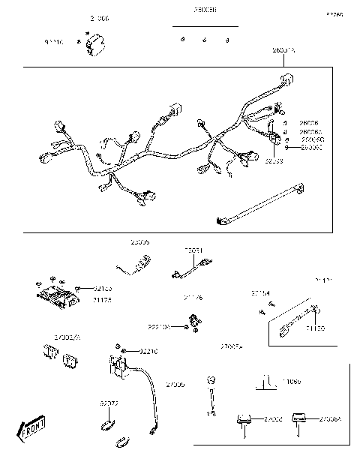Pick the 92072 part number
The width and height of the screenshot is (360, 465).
109,403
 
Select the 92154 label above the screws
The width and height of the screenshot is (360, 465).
260,292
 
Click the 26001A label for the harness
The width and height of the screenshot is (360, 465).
283,49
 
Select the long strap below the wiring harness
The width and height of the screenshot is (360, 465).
259,205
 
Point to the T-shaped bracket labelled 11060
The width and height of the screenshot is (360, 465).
264,382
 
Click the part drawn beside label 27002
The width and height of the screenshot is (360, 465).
243,421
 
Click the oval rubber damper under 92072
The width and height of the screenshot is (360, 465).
108,425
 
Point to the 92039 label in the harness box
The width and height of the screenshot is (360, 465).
274,160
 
